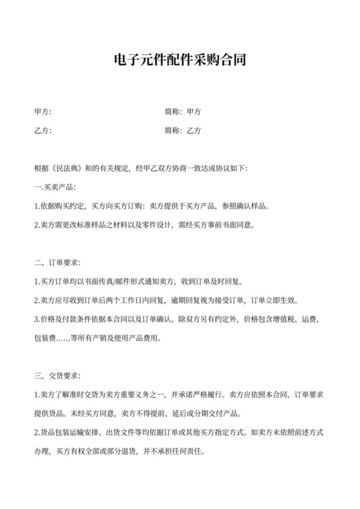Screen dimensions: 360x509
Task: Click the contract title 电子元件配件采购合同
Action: click(x=180, y=62)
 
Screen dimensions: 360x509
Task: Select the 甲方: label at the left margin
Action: click(x=42, y=112)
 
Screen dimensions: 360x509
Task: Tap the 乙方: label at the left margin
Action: click(x=42, y=131)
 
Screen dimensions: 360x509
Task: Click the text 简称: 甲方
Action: click(x=183, y=112)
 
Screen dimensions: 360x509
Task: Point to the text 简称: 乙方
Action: click(x=183, y=131)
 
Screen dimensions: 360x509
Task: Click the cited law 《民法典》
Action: click(x=69, y=169)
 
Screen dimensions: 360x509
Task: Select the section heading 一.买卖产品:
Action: click(x=54, y=188)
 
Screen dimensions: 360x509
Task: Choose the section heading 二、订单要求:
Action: click(x=57, y=263)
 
